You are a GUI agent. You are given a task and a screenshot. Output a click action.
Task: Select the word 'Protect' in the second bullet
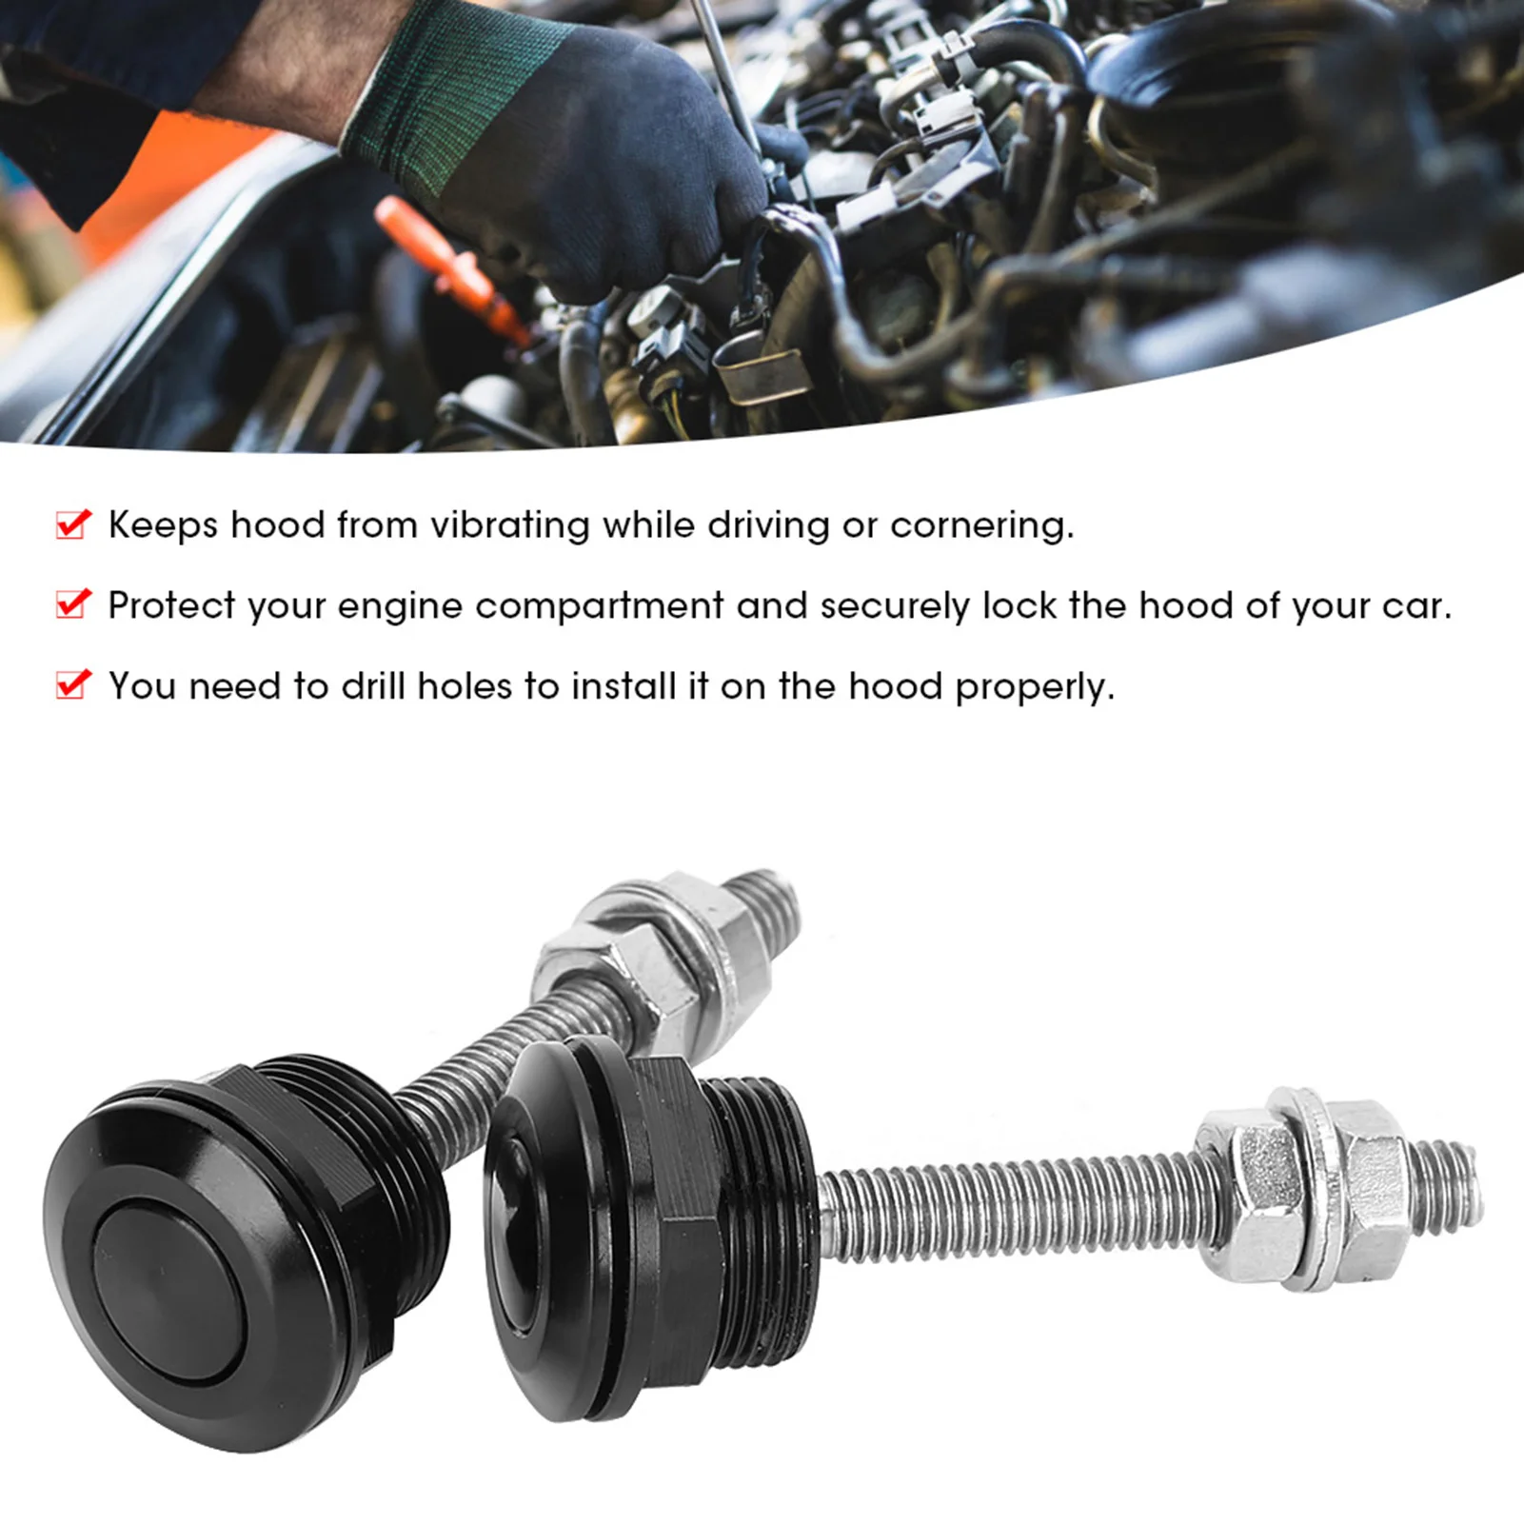coord(171,606)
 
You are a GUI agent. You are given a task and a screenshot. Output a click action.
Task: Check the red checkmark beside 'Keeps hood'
coord(74,524)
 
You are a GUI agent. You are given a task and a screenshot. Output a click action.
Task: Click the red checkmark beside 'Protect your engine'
coord(74,604)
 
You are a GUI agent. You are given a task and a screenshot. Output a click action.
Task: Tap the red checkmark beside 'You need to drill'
coord(74,684)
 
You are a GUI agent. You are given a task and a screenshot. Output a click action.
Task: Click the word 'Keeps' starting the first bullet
coord(163,525)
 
